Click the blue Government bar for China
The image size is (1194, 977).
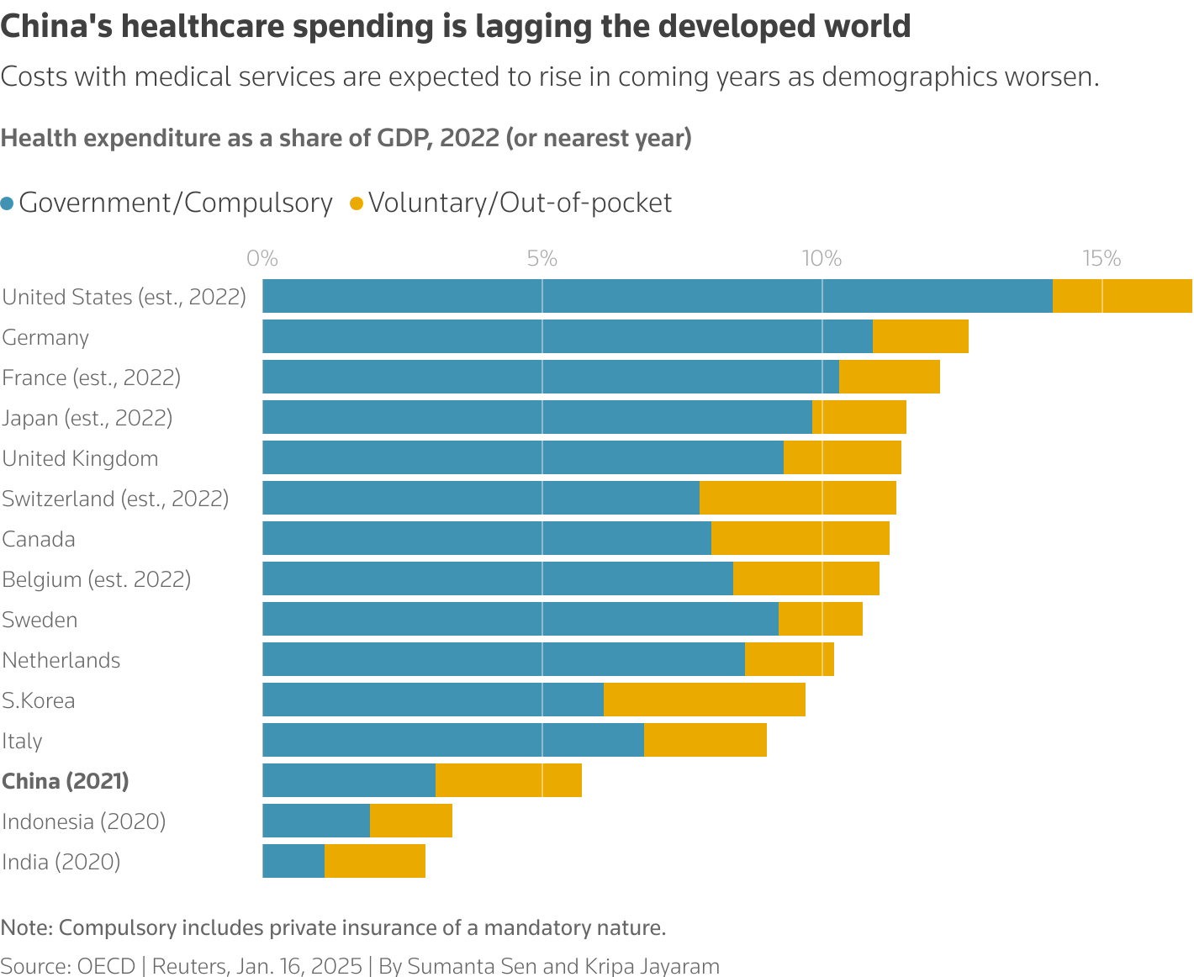point(349,780)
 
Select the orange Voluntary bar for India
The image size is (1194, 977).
point(375,861)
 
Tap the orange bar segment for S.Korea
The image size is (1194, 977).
point(705,700)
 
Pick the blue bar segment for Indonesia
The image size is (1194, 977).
point(316,821)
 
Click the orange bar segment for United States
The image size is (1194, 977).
point(1122,296)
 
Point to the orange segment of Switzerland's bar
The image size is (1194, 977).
point(798,498)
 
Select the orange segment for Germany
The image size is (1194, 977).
point(921,336)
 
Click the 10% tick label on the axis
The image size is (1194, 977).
point(822,258)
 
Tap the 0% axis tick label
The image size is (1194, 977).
point(262,258)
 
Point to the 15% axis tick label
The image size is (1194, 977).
point(1102,258)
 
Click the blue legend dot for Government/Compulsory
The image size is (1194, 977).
point(8,203)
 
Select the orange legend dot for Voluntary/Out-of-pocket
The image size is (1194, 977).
point(357,203)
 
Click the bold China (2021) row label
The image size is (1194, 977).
point(66,781)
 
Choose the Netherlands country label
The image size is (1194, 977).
point(61,660)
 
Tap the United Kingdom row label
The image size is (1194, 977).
point(80,458)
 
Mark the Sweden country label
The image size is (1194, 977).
point(40,620)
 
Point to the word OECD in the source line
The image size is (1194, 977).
point(106,966)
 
